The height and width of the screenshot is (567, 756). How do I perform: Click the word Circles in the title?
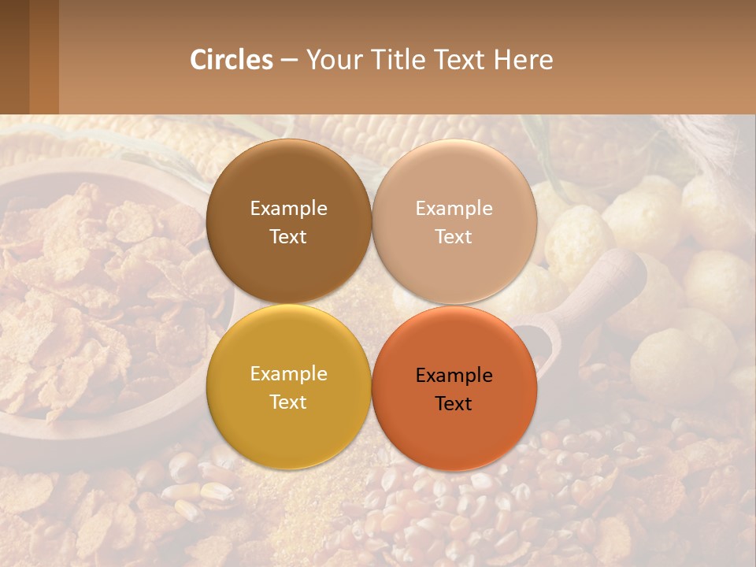click(231, 60)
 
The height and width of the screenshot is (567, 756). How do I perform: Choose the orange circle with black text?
click(454, 425)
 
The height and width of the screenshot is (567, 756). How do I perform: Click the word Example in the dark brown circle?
click(288, 209)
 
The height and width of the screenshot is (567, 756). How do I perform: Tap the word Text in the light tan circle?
click(454, 237)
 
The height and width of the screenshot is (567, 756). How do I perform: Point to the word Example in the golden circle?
click(288, 374)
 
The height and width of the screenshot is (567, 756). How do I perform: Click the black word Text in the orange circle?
click(454, 404)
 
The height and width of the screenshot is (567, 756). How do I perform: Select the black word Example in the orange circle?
click(454, 376)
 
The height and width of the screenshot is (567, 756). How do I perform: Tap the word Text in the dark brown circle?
click(288, 237)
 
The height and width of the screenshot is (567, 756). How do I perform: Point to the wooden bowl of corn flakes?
click(94, 315)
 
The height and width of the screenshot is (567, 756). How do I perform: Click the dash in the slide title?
click(289, 61)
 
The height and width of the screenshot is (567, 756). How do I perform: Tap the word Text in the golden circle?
click(288, 402)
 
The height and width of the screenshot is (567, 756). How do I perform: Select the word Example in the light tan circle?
click(454, 209)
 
